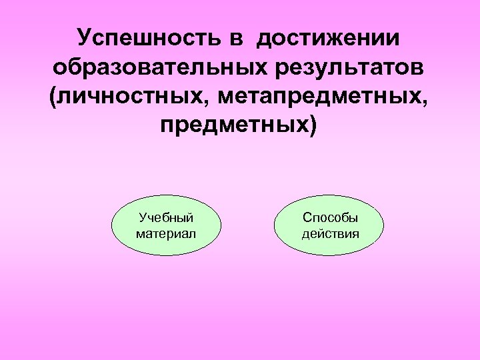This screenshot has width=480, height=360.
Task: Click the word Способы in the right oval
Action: pyautogui.click(x=330, y=217)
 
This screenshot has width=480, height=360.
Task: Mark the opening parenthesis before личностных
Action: pyautogui.click(x=54, y=97)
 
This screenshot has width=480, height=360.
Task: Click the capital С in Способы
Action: pyautogui.click(x=306, y=217)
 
